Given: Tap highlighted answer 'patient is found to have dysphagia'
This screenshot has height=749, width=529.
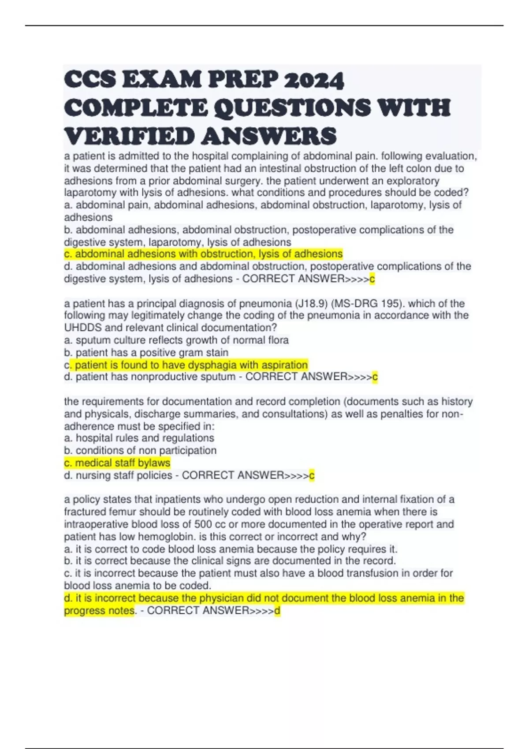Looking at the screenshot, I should [x=191, y=365].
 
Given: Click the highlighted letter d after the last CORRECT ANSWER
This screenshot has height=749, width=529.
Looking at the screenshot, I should [x=277, y=611].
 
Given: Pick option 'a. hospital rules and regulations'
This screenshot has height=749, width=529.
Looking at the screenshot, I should [x=139, y=438].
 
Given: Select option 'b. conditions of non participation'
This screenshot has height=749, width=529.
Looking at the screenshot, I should [x=140, y=451].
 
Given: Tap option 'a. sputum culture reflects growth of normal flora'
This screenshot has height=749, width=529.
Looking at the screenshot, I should [x=176, y=340].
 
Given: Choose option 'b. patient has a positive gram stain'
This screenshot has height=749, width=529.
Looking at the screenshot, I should [x=146, y=352].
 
